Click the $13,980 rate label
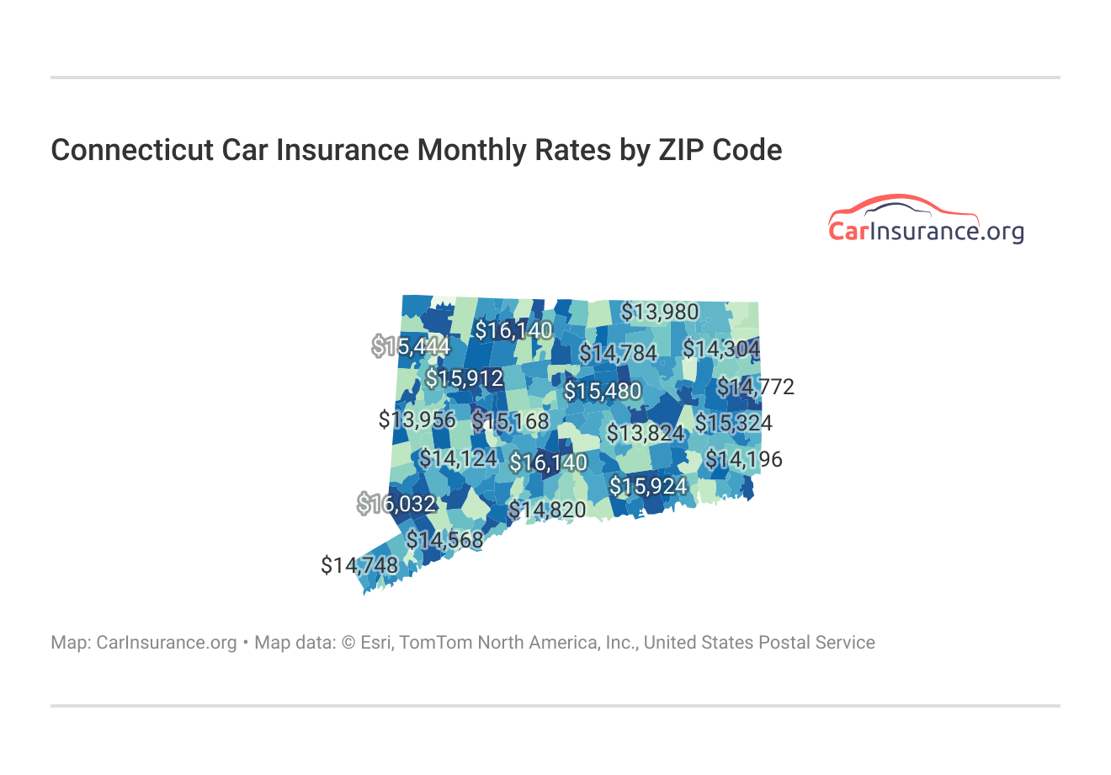tap(660, 313)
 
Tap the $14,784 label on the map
tap(618, 353)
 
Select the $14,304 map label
tap(721, 349)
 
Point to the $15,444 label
tap(412, 346)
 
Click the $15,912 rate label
tap(465, 379)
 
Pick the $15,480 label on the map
tap(603, 392)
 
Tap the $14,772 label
tap(756, 387)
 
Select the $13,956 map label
tap(417, 420)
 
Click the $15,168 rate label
tap(510, 421)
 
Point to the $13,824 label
tap(646, 434)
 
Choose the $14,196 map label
tap(744, 460)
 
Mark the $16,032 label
tap(397, 505)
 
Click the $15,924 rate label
tap(648, 487)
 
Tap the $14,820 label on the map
tap(547, 510)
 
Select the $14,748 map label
tap(359, 565)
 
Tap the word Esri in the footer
tap(377, 643)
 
